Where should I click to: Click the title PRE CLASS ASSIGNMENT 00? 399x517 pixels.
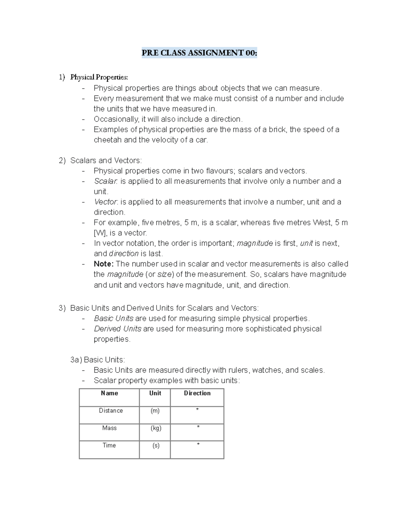[x=199, y=53]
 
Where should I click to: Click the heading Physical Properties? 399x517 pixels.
[x=99, y=77]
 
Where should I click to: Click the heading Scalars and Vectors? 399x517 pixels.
[x=106, y=160]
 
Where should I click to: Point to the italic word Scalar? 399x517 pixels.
[x=105, y=181]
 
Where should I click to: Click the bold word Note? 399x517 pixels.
[x=104, y=264]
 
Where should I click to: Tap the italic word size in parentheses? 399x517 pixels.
[x=164, y=274]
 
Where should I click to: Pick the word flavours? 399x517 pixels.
[x=220, y=171]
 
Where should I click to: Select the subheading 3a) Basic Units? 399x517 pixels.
[x=97, y=360]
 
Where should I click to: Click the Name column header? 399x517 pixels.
[x=109, y=393]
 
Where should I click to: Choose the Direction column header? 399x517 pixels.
[x=197, y=393]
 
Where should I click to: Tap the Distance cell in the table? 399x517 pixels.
[x=111, y=410]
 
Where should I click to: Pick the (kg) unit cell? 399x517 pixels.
[x=156, y=428]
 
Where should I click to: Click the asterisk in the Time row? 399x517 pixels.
[x=198, y=444]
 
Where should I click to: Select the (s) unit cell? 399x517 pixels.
[x=156, y=445]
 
